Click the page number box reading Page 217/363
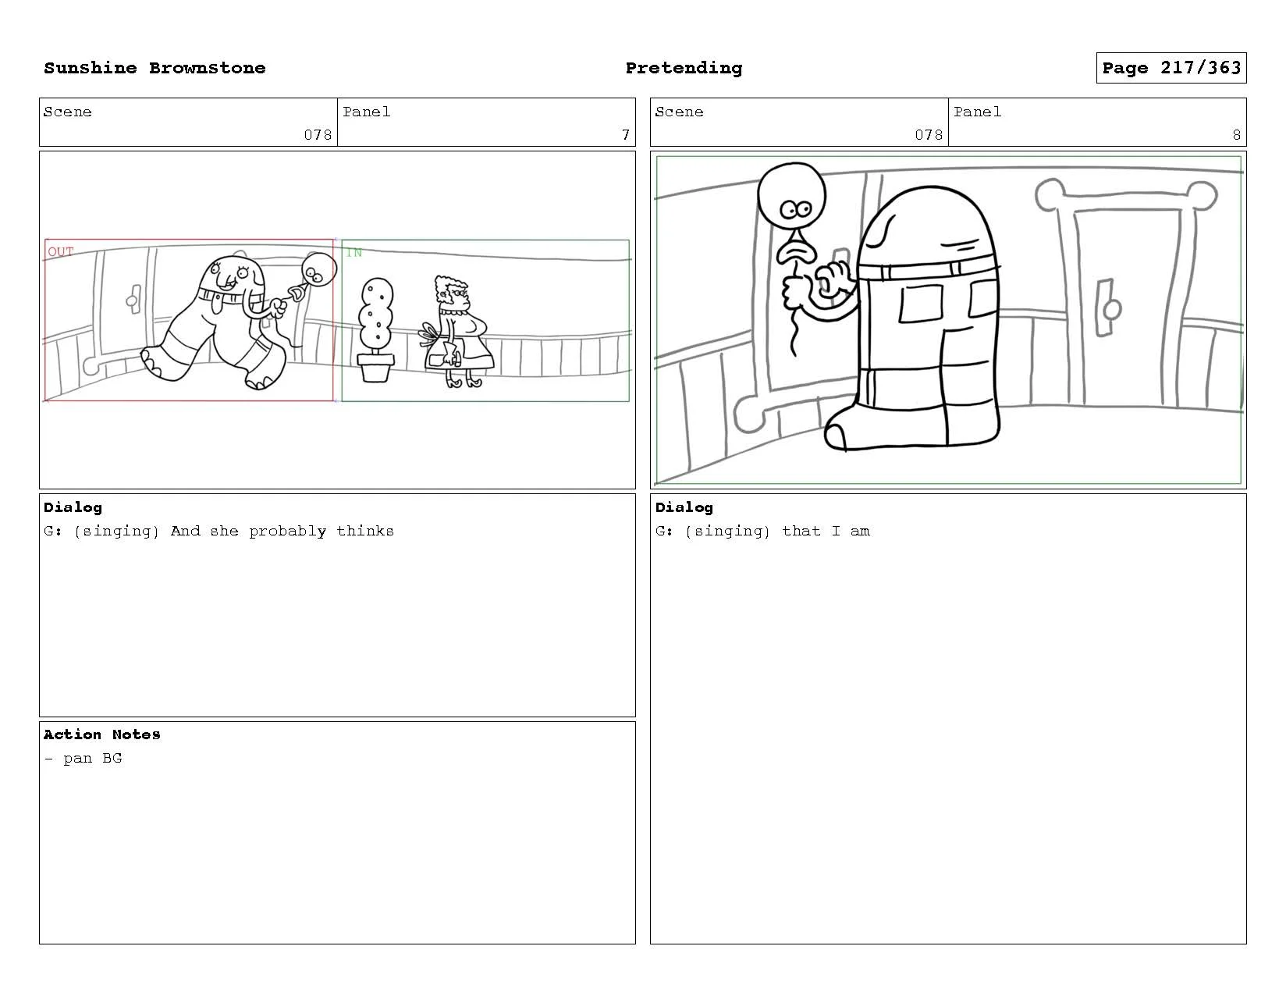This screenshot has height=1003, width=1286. coord(1171,68)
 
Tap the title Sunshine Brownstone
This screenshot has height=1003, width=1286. coord(155,68)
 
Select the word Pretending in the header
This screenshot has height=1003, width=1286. coord(684,68)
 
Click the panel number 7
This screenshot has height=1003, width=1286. coord(626,135)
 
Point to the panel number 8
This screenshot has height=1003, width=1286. coord(1236,135)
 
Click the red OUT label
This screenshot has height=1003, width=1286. coord(61,251)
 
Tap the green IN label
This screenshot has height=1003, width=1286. coord(354,253)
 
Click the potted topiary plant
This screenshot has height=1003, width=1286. coord(376,329)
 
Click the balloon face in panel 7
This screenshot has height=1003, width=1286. coord(319,270)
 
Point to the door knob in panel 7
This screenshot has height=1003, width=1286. coord(133,300)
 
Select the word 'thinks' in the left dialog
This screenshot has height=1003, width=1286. coord(365,531)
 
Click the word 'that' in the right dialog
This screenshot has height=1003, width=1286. coord(801,531)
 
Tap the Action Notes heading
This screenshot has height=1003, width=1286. coord(101,734)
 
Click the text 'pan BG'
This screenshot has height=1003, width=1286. coord(92,758)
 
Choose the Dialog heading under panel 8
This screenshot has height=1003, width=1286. coord(684,507)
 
